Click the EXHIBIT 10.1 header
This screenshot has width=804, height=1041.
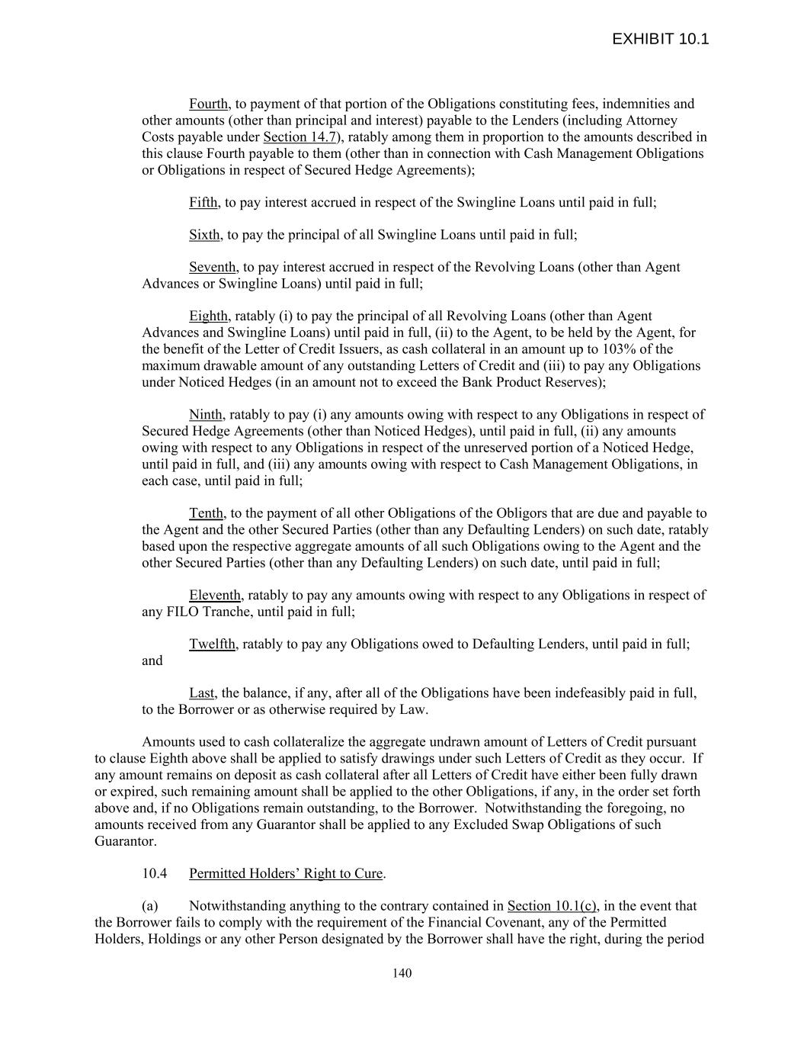(660, 39)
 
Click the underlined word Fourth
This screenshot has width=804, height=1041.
(209, 104)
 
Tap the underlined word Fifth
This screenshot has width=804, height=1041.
(203, 202)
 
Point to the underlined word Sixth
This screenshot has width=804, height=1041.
(205, 235)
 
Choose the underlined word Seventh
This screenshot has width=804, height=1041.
(213, 267)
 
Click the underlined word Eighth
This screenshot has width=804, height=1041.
(208, 316)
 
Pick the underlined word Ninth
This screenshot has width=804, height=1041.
(206, 415)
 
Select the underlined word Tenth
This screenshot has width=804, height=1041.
(206, 513)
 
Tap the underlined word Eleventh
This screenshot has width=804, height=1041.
(215, 595)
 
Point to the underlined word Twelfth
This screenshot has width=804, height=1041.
(212, 644)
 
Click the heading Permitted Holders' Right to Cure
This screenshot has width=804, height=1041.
(286, 873)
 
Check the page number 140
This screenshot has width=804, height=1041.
(402, 973)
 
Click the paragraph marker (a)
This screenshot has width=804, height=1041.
(150, 906)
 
